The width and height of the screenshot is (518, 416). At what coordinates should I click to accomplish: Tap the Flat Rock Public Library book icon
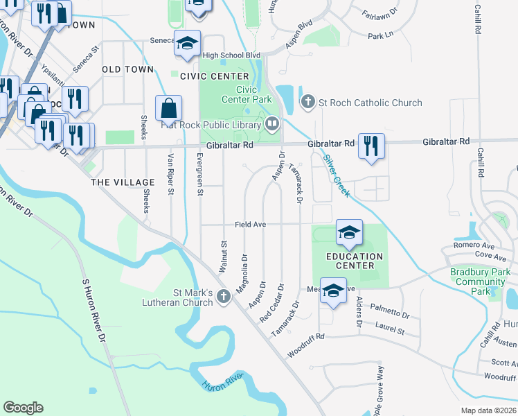pos(272,125)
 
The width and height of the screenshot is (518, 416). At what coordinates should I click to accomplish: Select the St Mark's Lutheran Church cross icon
pos(223,297)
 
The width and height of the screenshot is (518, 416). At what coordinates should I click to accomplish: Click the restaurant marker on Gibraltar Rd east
pos(373,146)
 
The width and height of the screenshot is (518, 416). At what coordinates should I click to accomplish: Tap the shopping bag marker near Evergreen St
pos(169,109)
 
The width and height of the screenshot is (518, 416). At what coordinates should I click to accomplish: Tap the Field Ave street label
pos(250,225)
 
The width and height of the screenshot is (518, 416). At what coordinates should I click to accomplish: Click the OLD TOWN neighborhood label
pos(127,70)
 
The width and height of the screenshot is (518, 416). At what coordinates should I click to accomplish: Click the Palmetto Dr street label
pos(389,309)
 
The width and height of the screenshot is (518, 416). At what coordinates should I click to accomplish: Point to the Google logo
pos(23,408)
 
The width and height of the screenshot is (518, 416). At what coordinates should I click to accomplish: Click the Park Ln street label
pos(380,35)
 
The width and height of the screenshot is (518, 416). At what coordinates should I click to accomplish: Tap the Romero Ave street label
pos(474,245)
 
